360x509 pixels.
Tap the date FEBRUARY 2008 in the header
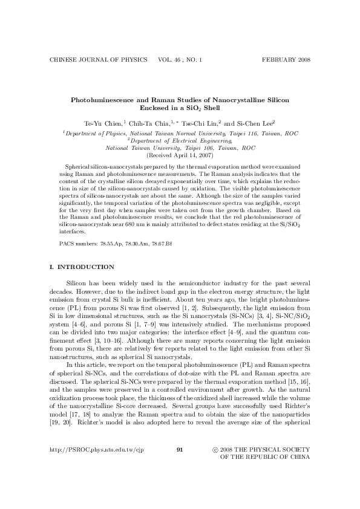click(x=286, y=60)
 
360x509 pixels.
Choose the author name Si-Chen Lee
click(x=254, y=122)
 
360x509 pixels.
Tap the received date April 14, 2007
click(x=193, y=155)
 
